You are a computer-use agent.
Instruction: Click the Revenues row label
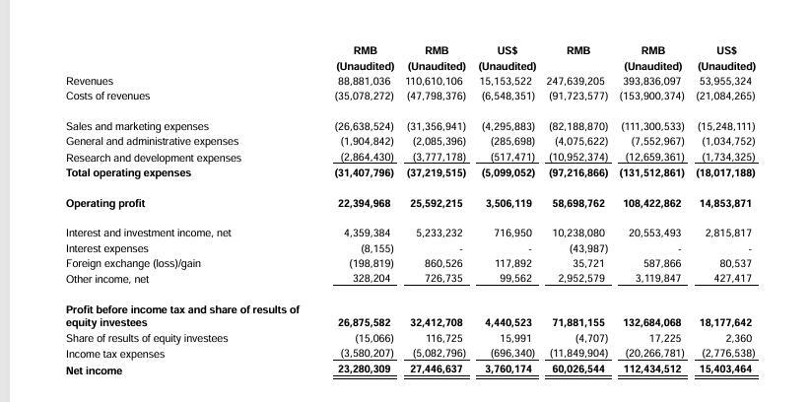[x=90, y=81]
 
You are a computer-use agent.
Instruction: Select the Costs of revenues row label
[x=107, y=96]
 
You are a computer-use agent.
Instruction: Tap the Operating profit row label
[x=105, y=203]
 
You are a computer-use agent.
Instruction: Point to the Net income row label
[x=95, y=370]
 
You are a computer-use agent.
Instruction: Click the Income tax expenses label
[x=115, y=354]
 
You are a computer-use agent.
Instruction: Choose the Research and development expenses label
[x=154, y=158]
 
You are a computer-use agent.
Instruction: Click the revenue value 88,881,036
[x=365, y=81]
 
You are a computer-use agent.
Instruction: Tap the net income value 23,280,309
[x=365, y=370]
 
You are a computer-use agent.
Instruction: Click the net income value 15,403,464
[x=725, y=370]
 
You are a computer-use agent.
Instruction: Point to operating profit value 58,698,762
[x=578, y=203]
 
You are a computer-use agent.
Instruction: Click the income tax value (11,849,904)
[x=576, y=354]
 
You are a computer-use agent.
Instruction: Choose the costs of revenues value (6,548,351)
[x=507, y=96]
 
